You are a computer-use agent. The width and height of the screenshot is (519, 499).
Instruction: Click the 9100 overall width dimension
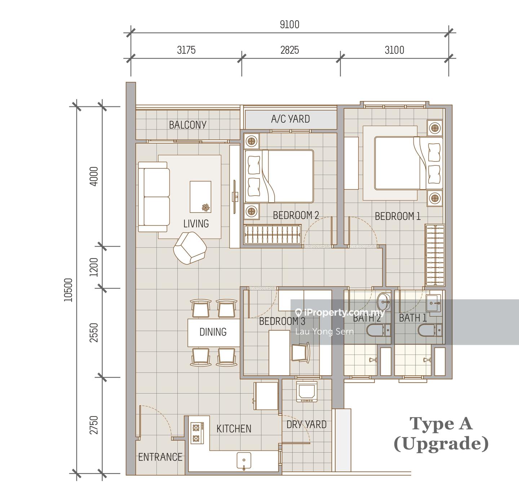(x=289, y=24)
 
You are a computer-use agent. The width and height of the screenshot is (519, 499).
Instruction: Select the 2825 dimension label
(x=290, y=50)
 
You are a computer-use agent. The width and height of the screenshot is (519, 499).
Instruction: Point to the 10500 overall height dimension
(x=68, y=290)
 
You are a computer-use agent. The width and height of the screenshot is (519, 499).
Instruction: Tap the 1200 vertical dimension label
(x=94, y=267)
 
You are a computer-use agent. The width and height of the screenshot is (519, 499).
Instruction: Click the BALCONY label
(x=188, y=125)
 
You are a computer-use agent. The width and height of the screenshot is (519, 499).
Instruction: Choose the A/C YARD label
(x=290, y=119)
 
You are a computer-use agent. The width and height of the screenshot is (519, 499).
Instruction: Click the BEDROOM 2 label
(x=296, y=215)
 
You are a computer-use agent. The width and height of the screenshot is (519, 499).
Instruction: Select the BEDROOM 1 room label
(x=398, y=216)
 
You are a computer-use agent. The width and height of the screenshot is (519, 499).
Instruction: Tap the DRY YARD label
(x=306, y=424)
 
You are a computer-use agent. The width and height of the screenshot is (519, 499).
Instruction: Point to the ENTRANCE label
(x=160, y=457)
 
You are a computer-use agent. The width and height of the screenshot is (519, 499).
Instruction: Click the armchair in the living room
(x=190, y=248)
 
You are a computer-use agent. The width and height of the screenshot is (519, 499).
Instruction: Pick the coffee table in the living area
(x=200, y=197)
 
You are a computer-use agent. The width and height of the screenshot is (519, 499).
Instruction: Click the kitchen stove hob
(x=198, y=433)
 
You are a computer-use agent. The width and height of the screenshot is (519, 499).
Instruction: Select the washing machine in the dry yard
(x=307, y=392)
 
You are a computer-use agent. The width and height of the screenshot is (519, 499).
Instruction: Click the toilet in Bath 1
(x=430, y=330)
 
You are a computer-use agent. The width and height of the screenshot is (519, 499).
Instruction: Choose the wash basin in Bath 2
(x=384, y=302)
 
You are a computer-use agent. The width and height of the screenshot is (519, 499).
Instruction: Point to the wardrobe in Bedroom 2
(x=272, y=234)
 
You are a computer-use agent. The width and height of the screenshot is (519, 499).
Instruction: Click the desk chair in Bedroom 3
(x=301, y=352)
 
